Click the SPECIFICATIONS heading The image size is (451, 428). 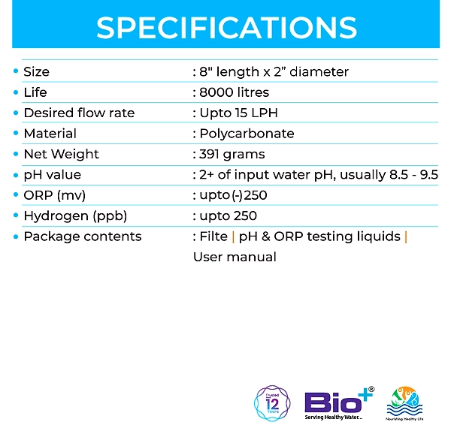tap(226, 27)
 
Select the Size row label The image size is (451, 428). tap(37, 72)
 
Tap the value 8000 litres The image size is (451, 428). tap(235, 92)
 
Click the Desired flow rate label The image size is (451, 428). tap(79, 113)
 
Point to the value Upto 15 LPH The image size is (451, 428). tap(239, 113)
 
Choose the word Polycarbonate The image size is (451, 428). tap(247, 134)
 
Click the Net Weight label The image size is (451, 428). tap(62, 154)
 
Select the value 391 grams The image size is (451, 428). tap(232, 155)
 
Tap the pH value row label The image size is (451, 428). tap(53, 175)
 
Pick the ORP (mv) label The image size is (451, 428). tap(55, 196)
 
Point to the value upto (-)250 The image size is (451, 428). tap(233, 196)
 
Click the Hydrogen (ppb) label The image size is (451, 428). tap(75, 216)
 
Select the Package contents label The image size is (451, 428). tap(83, 237)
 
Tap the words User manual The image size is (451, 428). tap(235, 257)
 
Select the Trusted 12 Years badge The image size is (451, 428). tap(272, 403)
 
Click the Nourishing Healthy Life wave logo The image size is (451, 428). tap(404, 403)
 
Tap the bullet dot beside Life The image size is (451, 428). tap(16, 92)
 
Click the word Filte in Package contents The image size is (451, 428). tap(213, 237)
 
